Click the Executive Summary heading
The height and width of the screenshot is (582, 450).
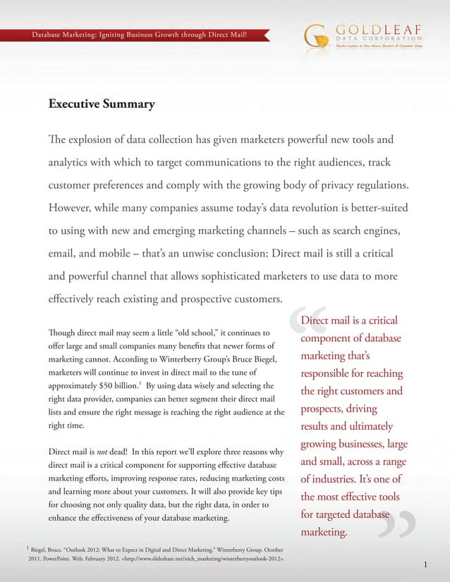click(x=101, y=105)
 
